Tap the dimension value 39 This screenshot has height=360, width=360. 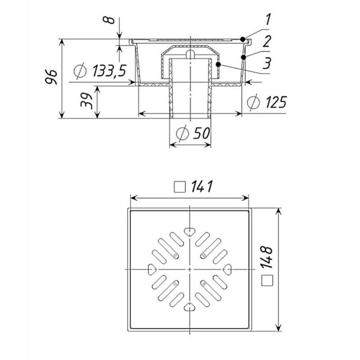click(x=87, y=100)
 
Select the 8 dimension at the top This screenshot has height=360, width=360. click(x=109, y=20)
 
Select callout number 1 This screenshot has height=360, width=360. click(x=268, y=19)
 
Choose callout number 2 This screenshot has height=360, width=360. click(x=267, y=41)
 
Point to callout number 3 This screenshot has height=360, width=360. click(x=267, y=63)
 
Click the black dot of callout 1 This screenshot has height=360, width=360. click(x=242, y=39)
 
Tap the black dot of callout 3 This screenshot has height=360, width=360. click(x=218, y=65)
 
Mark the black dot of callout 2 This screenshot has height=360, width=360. click(x=244, y=57)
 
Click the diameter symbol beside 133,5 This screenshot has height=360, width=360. click(x=80, y=71)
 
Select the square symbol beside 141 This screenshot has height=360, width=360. click(x=180, y=187)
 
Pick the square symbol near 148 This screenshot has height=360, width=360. click(x=267, y=280)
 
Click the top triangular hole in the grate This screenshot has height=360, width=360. click(x=190, y=232)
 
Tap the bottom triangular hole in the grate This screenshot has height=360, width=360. click(x=190, y=307)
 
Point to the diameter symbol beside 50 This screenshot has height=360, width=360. click(x=182, y=133)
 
